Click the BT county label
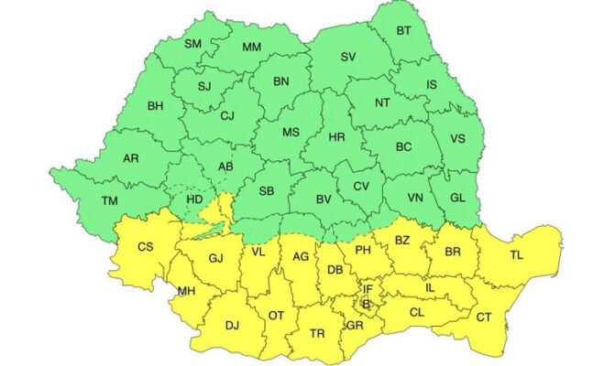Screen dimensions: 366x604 point(403,31)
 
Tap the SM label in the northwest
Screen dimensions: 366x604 point(193,44)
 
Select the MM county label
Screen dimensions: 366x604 point(251,48)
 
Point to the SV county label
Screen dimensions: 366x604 point(348,57)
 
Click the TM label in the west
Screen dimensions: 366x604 point(109,200)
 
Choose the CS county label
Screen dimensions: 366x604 point(145,246)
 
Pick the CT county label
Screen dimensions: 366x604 point(482,317)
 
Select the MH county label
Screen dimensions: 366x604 point(186,291)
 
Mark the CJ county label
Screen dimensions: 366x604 point(228,115)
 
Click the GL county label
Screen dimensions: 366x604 point(462,199)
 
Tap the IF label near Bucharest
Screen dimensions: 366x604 point(368,289)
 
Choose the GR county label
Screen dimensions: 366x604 point(355,325)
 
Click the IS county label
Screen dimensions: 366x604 point(432,84)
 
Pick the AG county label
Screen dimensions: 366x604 point(301,257)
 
